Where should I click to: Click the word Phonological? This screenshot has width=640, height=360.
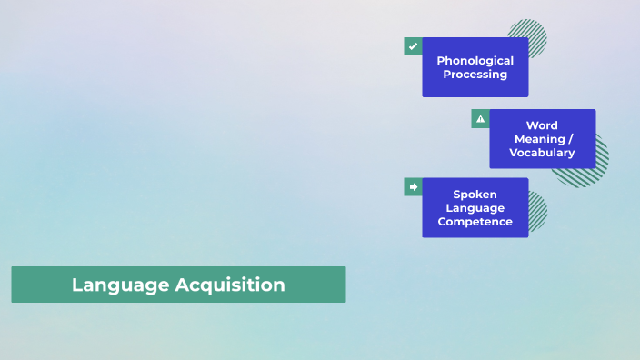(475, 61)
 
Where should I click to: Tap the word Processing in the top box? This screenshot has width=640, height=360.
(475, 75)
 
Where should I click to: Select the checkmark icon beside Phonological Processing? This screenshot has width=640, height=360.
(413, 46)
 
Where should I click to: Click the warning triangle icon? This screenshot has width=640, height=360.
(480, 118)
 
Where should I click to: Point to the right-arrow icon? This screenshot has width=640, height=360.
(413, 186)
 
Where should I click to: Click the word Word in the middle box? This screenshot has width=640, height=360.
(542, 125)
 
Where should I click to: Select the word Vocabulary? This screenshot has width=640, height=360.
(542, 153)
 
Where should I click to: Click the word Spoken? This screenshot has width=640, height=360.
(475, 194)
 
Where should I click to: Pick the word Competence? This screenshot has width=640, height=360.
(475, 221)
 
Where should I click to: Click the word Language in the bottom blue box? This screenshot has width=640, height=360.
(475, 207)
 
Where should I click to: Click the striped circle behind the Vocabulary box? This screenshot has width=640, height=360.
(601, 164)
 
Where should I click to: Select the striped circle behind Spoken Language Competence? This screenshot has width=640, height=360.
(538, 211)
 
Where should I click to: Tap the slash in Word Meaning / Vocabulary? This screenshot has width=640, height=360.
(571, 139)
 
